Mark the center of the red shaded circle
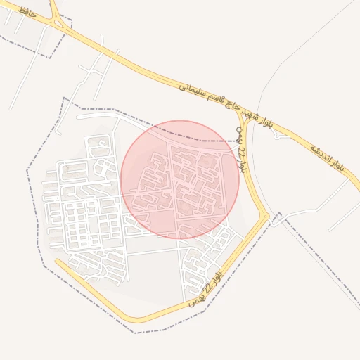click(x=180, y=179)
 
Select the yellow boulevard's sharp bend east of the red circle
click(x=266, y=215)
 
